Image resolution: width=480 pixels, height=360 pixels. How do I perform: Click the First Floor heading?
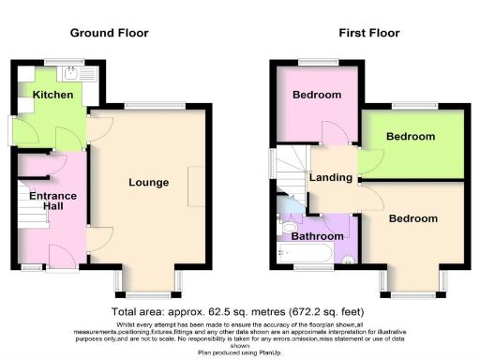point(368,34)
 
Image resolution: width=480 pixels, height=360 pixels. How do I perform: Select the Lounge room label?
point(149,182)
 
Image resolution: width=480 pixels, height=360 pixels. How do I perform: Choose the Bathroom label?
point(318,237)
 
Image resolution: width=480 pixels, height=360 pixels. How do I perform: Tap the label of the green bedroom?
point(412,137)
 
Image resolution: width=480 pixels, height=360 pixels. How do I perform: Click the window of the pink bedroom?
point(313,62)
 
